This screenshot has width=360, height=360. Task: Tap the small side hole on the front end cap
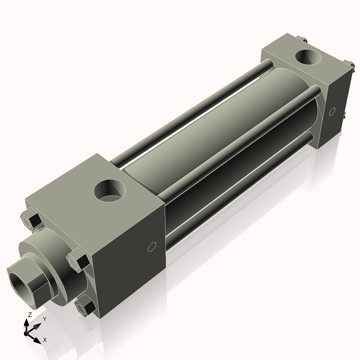[x=152, y=246]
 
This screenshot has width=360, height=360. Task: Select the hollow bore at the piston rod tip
[x=19, y=280]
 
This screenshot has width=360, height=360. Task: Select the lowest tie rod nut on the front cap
[x=86, y=308]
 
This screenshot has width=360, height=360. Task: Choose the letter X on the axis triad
[x=44, y=340]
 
